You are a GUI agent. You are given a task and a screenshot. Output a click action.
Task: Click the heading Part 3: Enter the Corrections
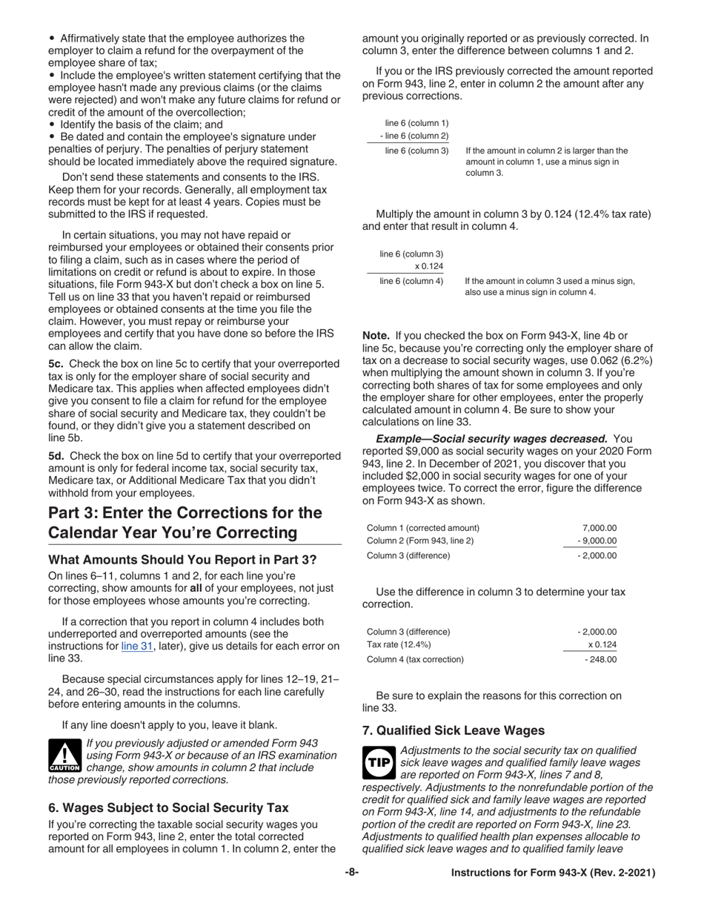coord(185,523)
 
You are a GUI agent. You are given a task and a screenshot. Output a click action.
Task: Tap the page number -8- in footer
coord(351,873)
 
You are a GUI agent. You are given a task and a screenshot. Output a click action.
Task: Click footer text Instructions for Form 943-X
coord(553,873)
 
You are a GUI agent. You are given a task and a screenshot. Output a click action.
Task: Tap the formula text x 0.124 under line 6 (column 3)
coord(428,267)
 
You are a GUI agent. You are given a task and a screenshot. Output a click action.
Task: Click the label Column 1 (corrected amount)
coord(423,527)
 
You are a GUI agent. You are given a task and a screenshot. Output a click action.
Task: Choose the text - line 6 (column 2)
coord(414,136)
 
